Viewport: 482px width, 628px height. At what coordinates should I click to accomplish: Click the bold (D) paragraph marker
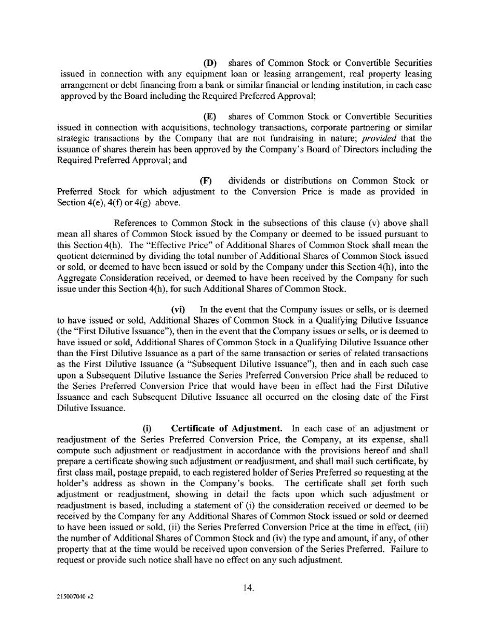[x=210, y=63]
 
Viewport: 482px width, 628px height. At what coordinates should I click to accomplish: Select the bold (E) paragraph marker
[x=210, y=116]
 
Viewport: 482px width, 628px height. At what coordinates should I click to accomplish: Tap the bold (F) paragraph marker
[x=206, y=181]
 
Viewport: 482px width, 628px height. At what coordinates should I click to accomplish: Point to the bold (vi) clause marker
[x=178, y=309]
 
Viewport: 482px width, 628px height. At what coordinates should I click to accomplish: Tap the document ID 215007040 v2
[x=75, y=597]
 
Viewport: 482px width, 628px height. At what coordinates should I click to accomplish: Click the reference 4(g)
[x=144, y=203]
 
